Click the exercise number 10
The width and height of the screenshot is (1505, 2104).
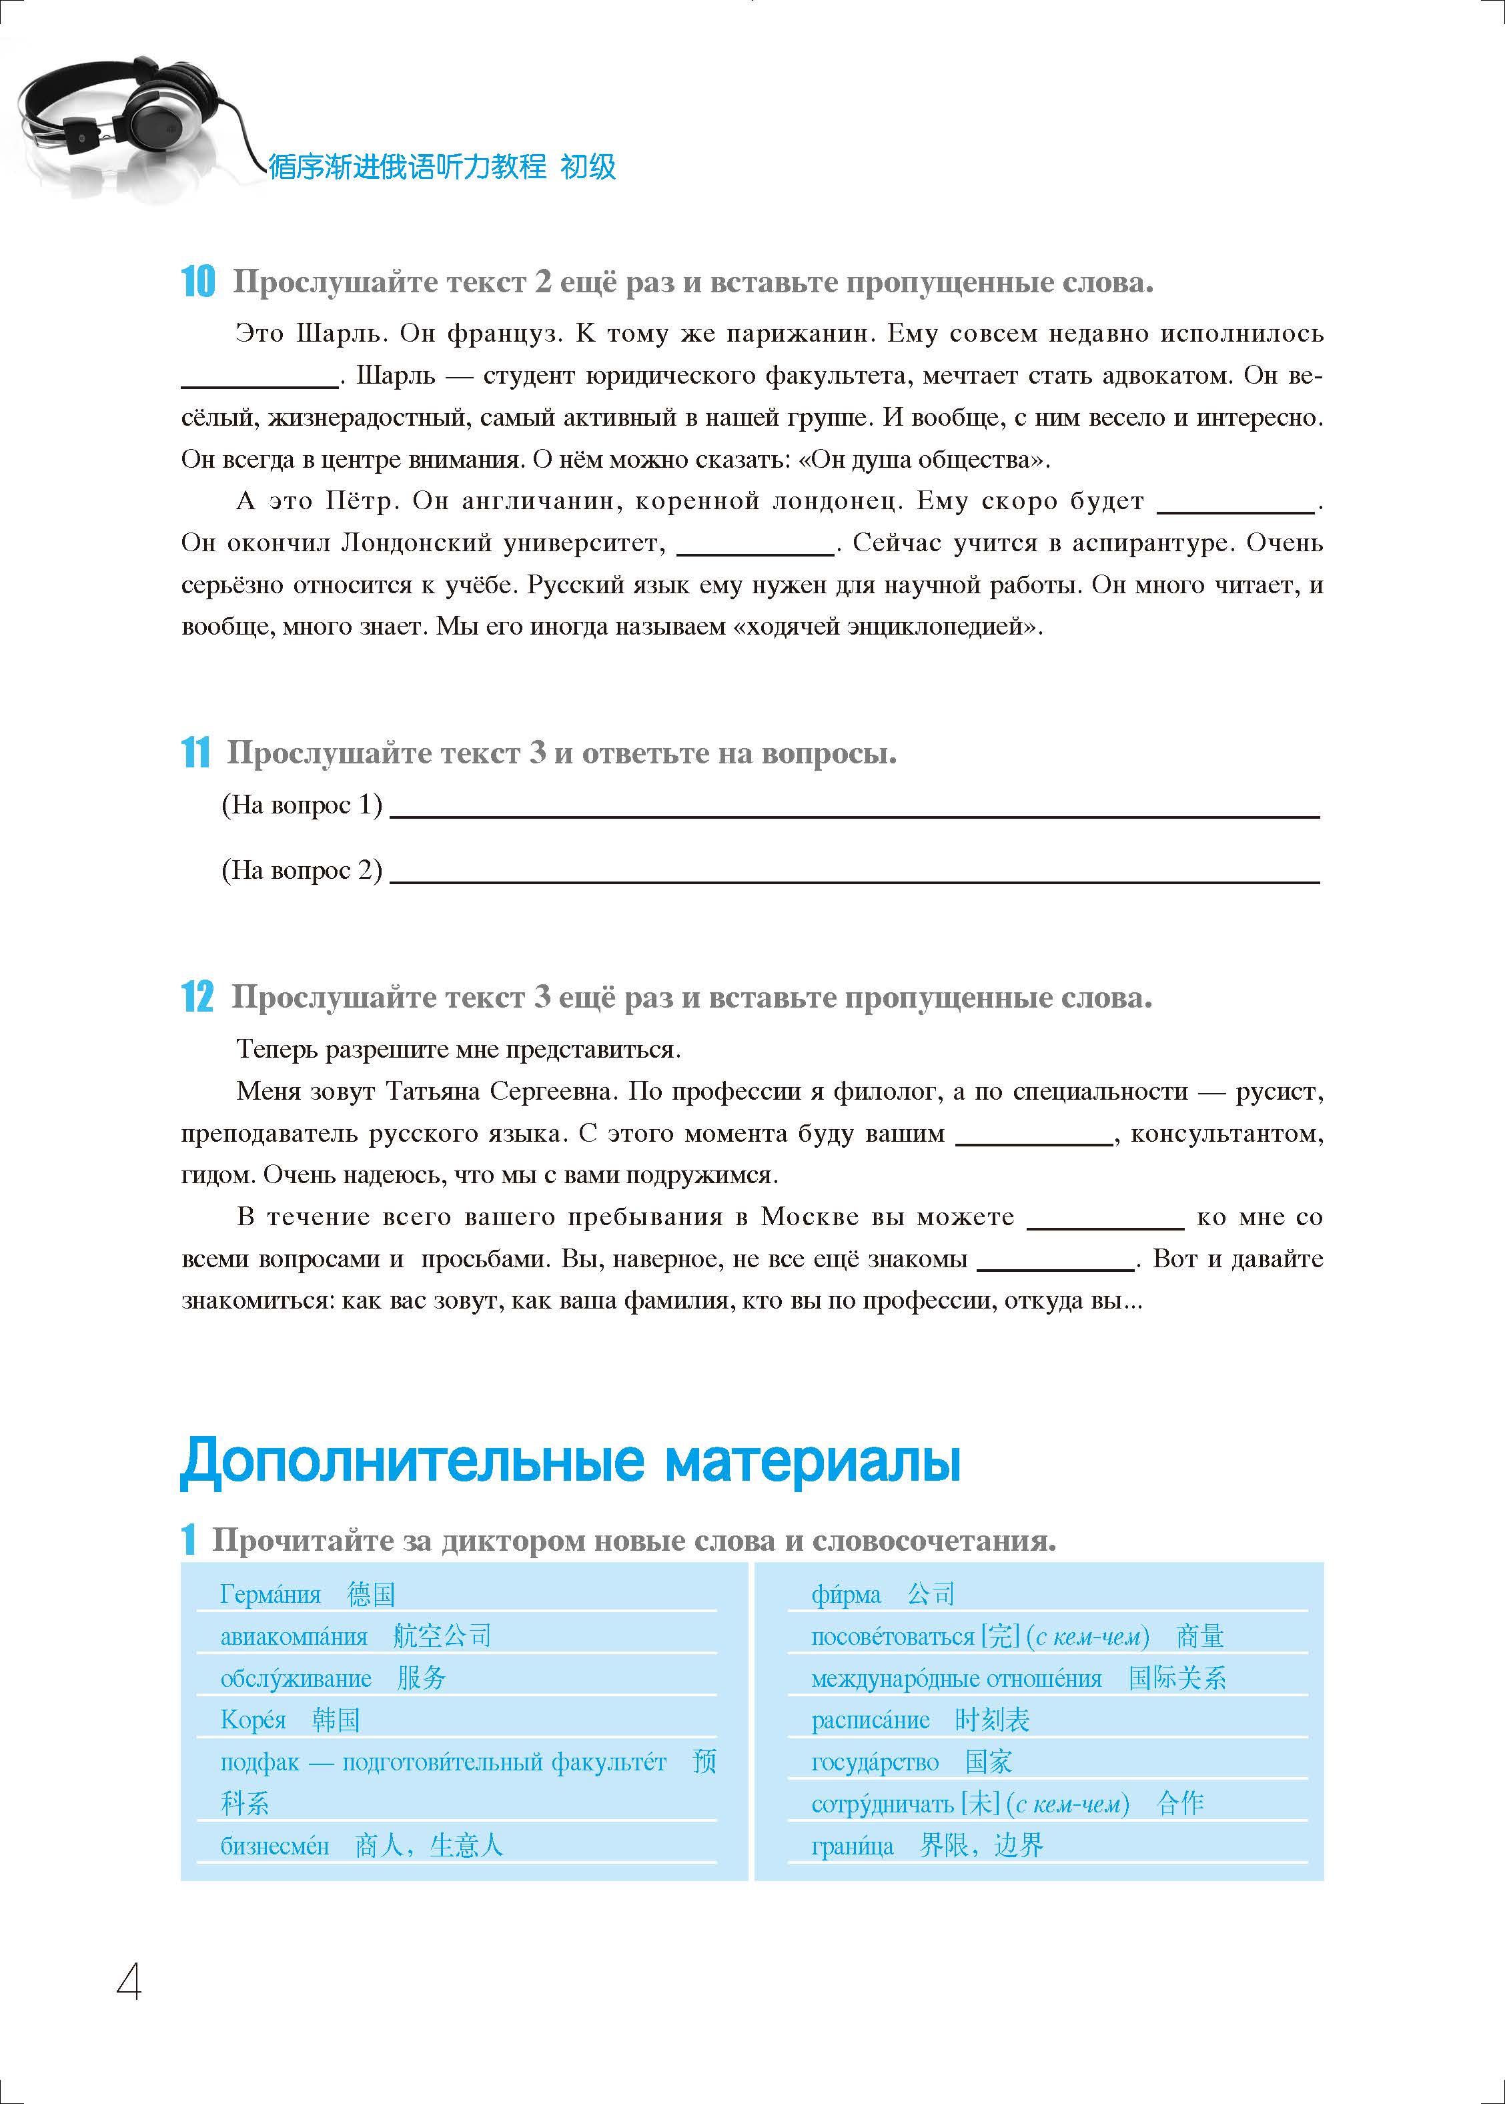(x=197, y=282)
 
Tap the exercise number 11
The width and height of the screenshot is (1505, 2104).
(x=195, y=753)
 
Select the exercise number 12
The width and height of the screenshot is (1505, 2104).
(x=197, y=998)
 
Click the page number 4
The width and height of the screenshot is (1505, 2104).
(x=129, y=1983)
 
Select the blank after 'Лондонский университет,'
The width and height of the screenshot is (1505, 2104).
(x=755, y=551)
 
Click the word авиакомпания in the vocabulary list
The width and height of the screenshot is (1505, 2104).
(x=294, y=1636)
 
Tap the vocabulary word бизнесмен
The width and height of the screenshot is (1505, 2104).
(x=274, y=1845)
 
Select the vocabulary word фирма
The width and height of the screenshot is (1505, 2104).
(x=846, y=1594)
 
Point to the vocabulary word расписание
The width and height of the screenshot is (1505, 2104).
(x=870, y=1720)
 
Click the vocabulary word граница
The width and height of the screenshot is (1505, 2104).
(x=853, y=1845)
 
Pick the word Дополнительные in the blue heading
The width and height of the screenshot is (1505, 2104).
(x=412, y=1461)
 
